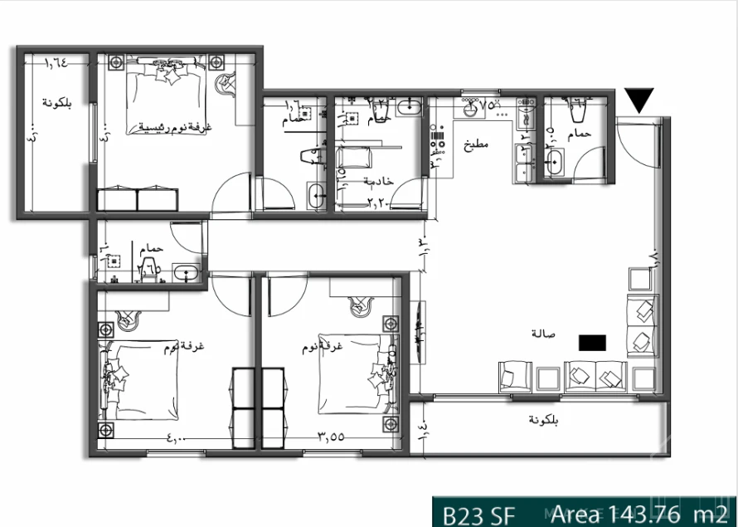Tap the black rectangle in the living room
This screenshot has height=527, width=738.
[592, 341]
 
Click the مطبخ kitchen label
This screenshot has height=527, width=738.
[477, 144]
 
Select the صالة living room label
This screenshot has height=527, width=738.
[543, 334]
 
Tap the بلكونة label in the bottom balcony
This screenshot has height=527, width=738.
[544, 420]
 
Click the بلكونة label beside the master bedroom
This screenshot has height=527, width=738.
[58, 103]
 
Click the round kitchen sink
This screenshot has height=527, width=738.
[471, 107]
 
